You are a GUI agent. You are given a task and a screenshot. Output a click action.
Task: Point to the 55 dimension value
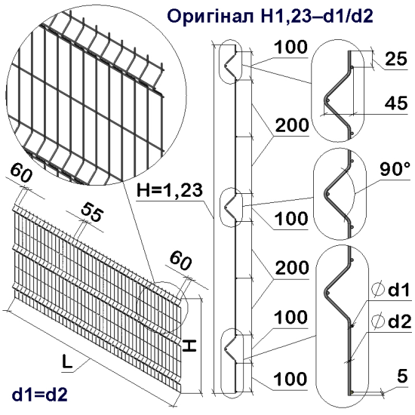coord(91,212)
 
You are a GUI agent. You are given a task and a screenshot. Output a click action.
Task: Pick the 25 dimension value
coord(395,58)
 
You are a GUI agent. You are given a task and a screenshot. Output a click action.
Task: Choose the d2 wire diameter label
coord(395,322)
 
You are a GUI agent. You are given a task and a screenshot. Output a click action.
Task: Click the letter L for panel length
coord(68,363)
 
